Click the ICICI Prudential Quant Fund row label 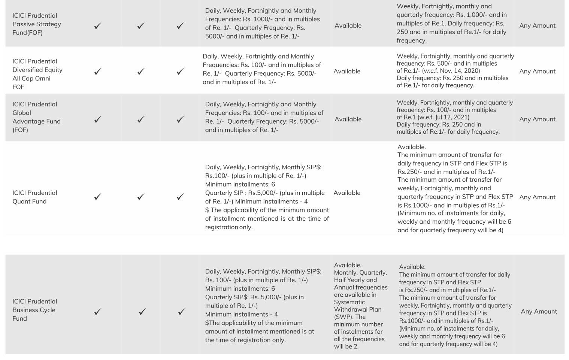click(x=34, y=197)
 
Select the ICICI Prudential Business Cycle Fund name click(x=34, y=310)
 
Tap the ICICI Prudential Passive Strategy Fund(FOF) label click(x=36, y=24)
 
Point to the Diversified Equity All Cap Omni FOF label click(x=37, y=74)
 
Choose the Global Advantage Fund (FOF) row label click(x=36, y=117)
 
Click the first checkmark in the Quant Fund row click(x=98, y=197)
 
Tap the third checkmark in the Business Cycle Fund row click(x=182, y=312)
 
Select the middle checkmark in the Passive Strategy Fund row click(x=141, y=26)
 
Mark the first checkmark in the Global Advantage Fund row click(x=98, y=120)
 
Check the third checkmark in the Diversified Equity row click(x=180, y=72)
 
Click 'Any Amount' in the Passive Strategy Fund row click(x=537, y=25)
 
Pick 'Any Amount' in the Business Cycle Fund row click(x=539, y=311)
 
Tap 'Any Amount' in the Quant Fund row click(x=537, y=197)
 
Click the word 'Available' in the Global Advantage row click(x=348, y=119)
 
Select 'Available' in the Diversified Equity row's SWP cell click(x=347, y=71)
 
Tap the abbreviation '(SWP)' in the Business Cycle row click(x=343, y=317)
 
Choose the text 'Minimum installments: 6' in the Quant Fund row click(x=240, y=184)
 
